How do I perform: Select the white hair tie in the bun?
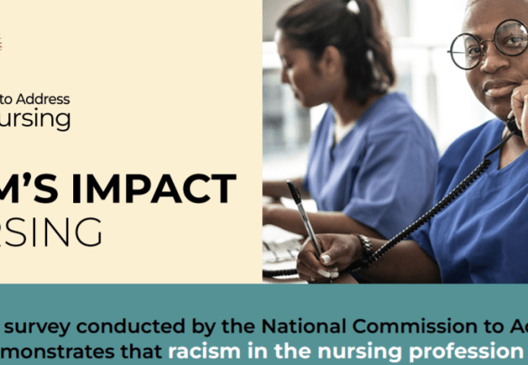pos(352,7)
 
